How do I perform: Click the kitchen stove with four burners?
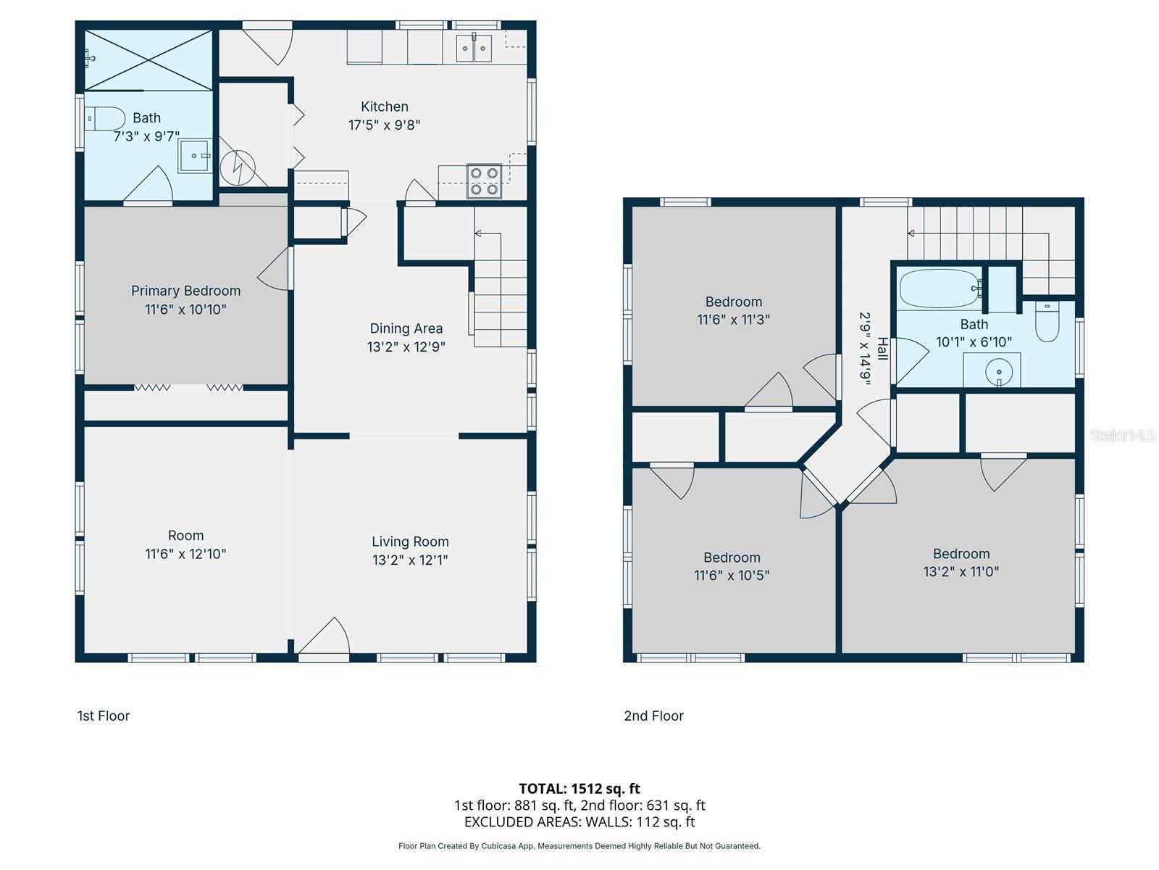(484, 181)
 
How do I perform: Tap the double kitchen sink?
(474, 49)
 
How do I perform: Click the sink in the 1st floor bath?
(195, 156)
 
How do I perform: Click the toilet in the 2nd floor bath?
(1047, 321)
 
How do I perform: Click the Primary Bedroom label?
(185, 291)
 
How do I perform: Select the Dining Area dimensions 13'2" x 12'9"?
(406, 347)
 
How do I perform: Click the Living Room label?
(410, 542)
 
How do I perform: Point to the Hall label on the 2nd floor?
(882, 349)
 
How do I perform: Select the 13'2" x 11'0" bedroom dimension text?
(961, 571)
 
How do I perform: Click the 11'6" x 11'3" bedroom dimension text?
(733, 320)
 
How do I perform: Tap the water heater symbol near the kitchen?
(238, 167)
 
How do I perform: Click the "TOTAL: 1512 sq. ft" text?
(579, 788)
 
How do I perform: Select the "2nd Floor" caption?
(653, 716)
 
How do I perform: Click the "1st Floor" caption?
(104, 716)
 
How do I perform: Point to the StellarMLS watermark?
(1122, 435)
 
